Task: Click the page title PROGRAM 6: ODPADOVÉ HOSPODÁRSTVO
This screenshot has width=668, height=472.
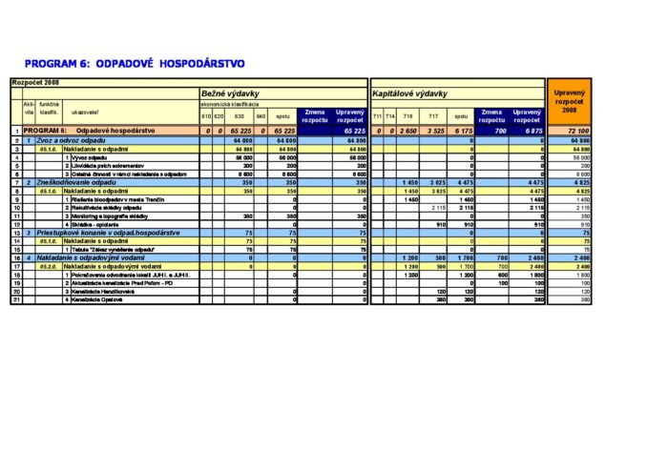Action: [135, 64]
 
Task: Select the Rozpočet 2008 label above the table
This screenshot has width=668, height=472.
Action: [35, 84]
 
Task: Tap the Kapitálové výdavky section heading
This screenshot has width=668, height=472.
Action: [410, 93]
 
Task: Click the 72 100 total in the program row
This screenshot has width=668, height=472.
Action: [577, 130]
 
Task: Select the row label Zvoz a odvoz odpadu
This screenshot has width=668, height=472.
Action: [75, 140]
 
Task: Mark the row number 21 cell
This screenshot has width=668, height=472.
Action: [16, 300]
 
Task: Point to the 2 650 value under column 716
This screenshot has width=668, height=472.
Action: [408, 130]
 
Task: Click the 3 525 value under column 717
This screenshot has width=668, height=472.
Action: [436, 130]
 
